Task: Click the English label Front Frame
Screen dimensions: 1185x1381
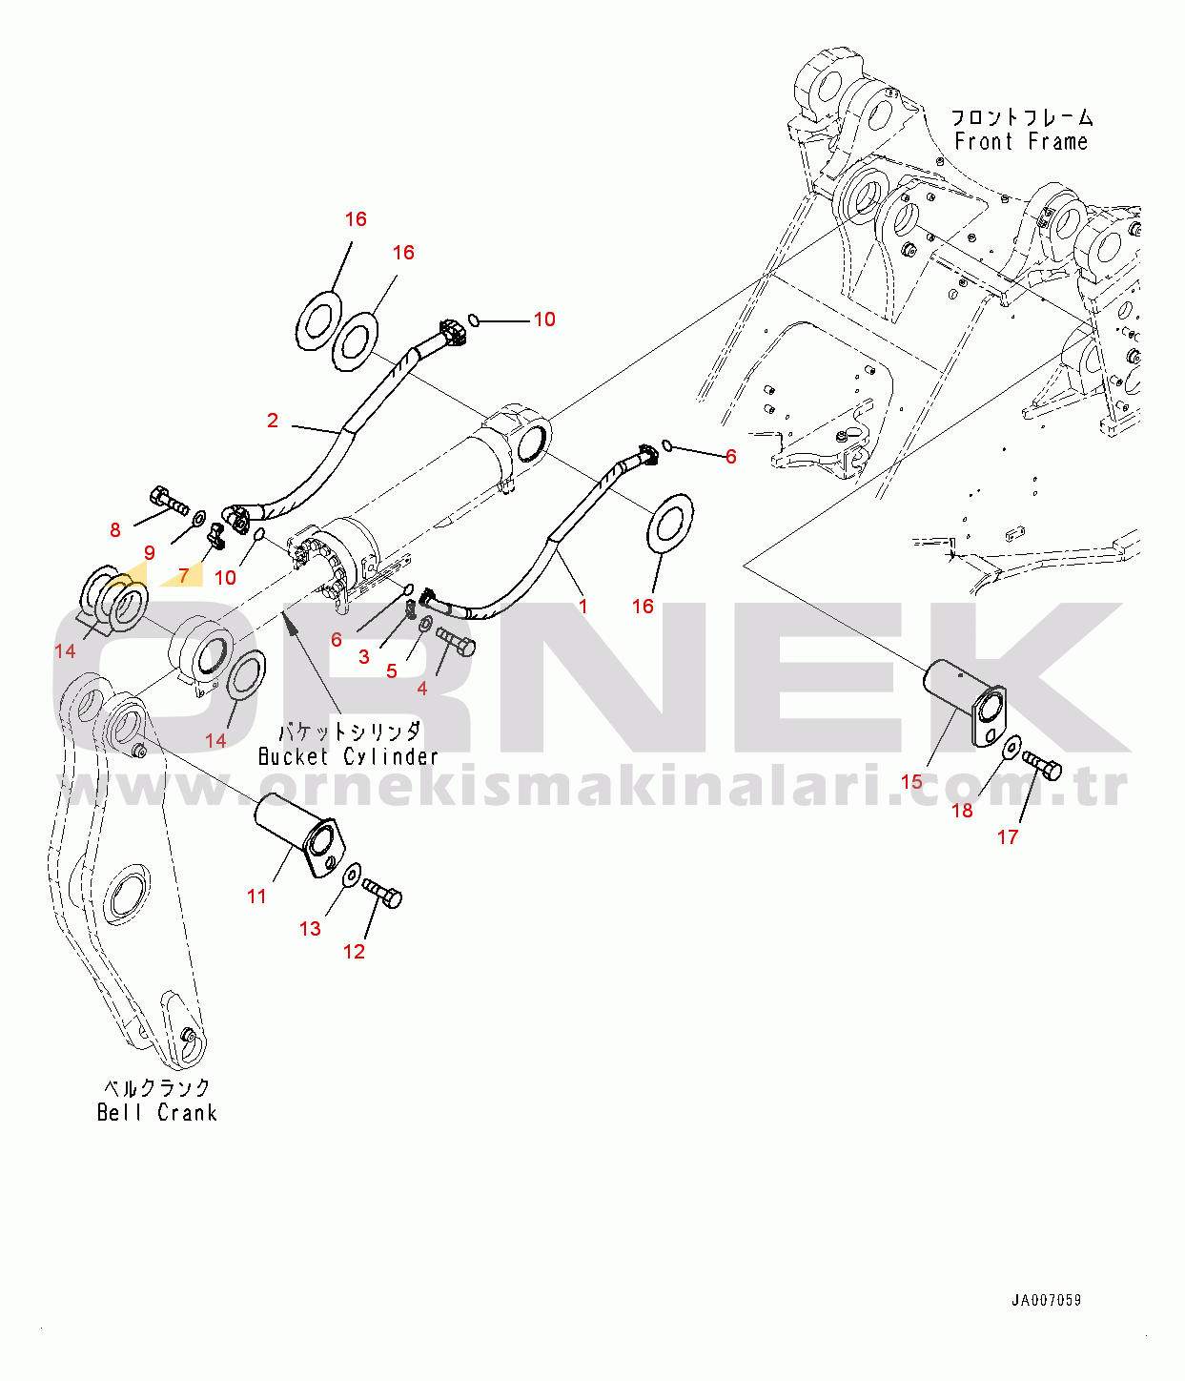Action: pyautogui.click(x=1021, y=142)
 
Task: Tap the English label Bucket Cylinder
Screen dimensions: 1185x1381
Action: pyautogui.click(x=348, y=756)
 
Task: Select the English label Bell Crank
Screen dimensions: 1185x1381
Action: pyautogui.click(x=157, y=1112)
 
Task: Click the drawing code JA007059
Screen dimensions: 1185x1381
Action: pyautogui.click(x=1046, y=1300)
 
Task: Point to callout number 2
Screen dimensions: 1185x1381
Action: pyautogui.click(x=273, y=421)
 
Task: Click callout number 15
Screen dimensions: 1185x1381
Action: pyautogui.click(x=911, y=781)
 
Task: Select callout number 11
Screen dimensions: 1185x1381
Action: pyautogui.click(x=256, y=896)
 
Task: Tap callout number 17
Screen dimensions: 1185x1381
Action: pyautogui.click(x=1008, y=836)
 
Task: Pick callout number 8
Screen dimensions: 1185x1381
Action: pyautogui.click(x=115, y=530)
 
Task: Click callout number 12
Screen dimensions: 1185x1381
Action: pyautogui.click(x=354, y=952)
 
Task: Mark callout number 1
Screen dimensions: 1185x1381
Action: pyautogui.click(x=583, y=606)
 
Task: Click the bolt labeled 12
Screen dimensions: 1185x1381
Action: pyautogui.click(x=382, y=894)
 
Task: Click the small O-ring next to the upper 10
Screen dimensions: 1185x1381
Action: pyautogui.click(x=474, y=320)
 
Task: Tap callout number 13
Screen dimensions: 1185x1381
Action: pyautogui.click(x=310, y=928)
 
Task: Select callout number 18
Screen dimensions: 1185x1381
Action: pyautogui.click(x=962, y=811)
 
